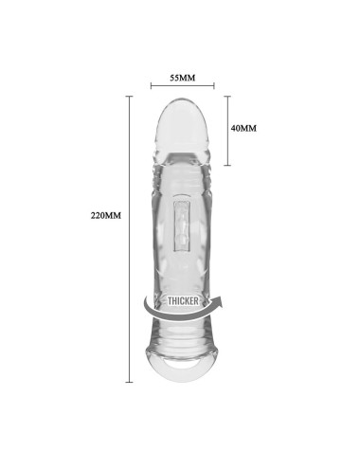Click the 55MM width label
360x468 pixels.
tap(183, 78)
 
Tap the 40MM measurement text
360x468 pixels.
tap(243, 128)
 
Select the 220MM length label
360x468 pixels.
tap(106, 216)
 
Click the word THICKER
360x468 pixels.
tap(183, 301)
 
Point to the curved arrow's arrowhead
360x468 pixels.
tap(219, 300)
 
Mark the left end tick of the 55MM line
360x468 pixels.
tap(152, 85)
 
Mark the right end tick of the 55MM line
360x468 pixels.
tap(214, 85)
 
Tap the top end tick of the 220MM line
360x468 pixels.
tap(129, 96)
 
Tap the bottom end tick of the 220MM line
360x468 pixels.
tap(129, 382)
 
